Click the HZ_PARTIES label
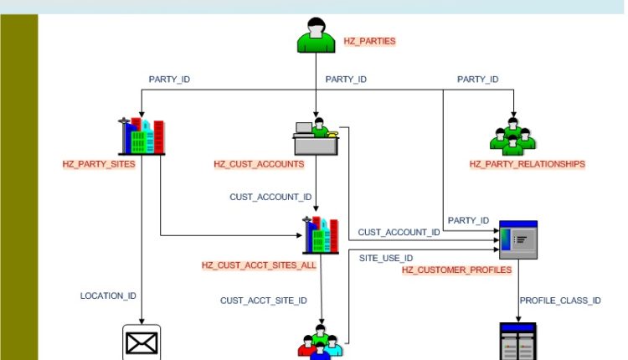(369, 40)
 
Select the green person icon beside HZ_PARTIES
(317, 35)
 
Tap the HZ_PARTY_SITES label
(99, 164)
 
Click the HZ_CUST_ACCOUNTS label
(259, 164)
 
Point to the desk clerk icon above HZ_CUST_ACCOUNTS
(316, 137)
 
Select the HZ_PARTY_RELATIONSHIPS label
(527, 164)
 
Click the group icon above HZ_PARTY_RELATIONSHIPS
(512, 136)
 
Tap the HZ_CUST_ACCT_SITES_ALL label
(259, 265)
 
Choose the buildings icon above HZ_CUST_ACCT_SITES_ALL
(322, 235)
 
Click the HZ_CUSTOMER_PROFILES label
(456, 270)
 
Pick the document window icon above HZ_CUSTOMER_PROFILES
(517, 239)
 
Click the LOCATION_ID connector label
(108, 296)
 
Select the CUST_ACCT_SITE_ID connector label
(264, 300)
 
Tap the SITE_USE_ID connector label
(386, 258)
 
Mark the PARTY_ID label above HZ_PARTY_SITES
(169, 80)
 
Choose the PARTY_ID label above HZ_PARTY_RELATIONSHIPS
(477, 80)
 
